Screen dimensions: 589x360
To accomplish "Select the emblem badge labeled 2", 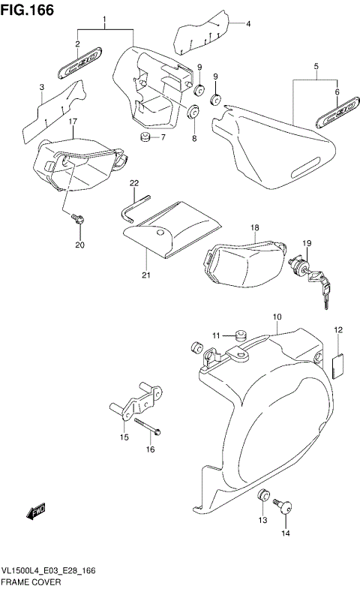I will (x=77, y=68).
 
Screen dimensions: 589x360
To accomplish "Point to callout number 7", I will (x=163, y=137).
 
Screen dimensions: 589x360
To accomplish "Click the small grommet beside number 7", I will (x=145, y=137).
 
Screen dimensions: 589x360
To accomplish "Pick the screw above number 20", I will (x=77, y=219).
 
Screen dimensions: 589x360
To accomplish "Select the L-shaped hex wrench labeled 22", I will (x=130, y=206).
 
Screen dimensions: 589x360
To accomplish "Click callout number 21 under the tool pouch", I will (x=146, y=275).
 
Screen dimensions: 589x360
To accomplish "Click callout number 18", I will (x=254, y=227).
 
